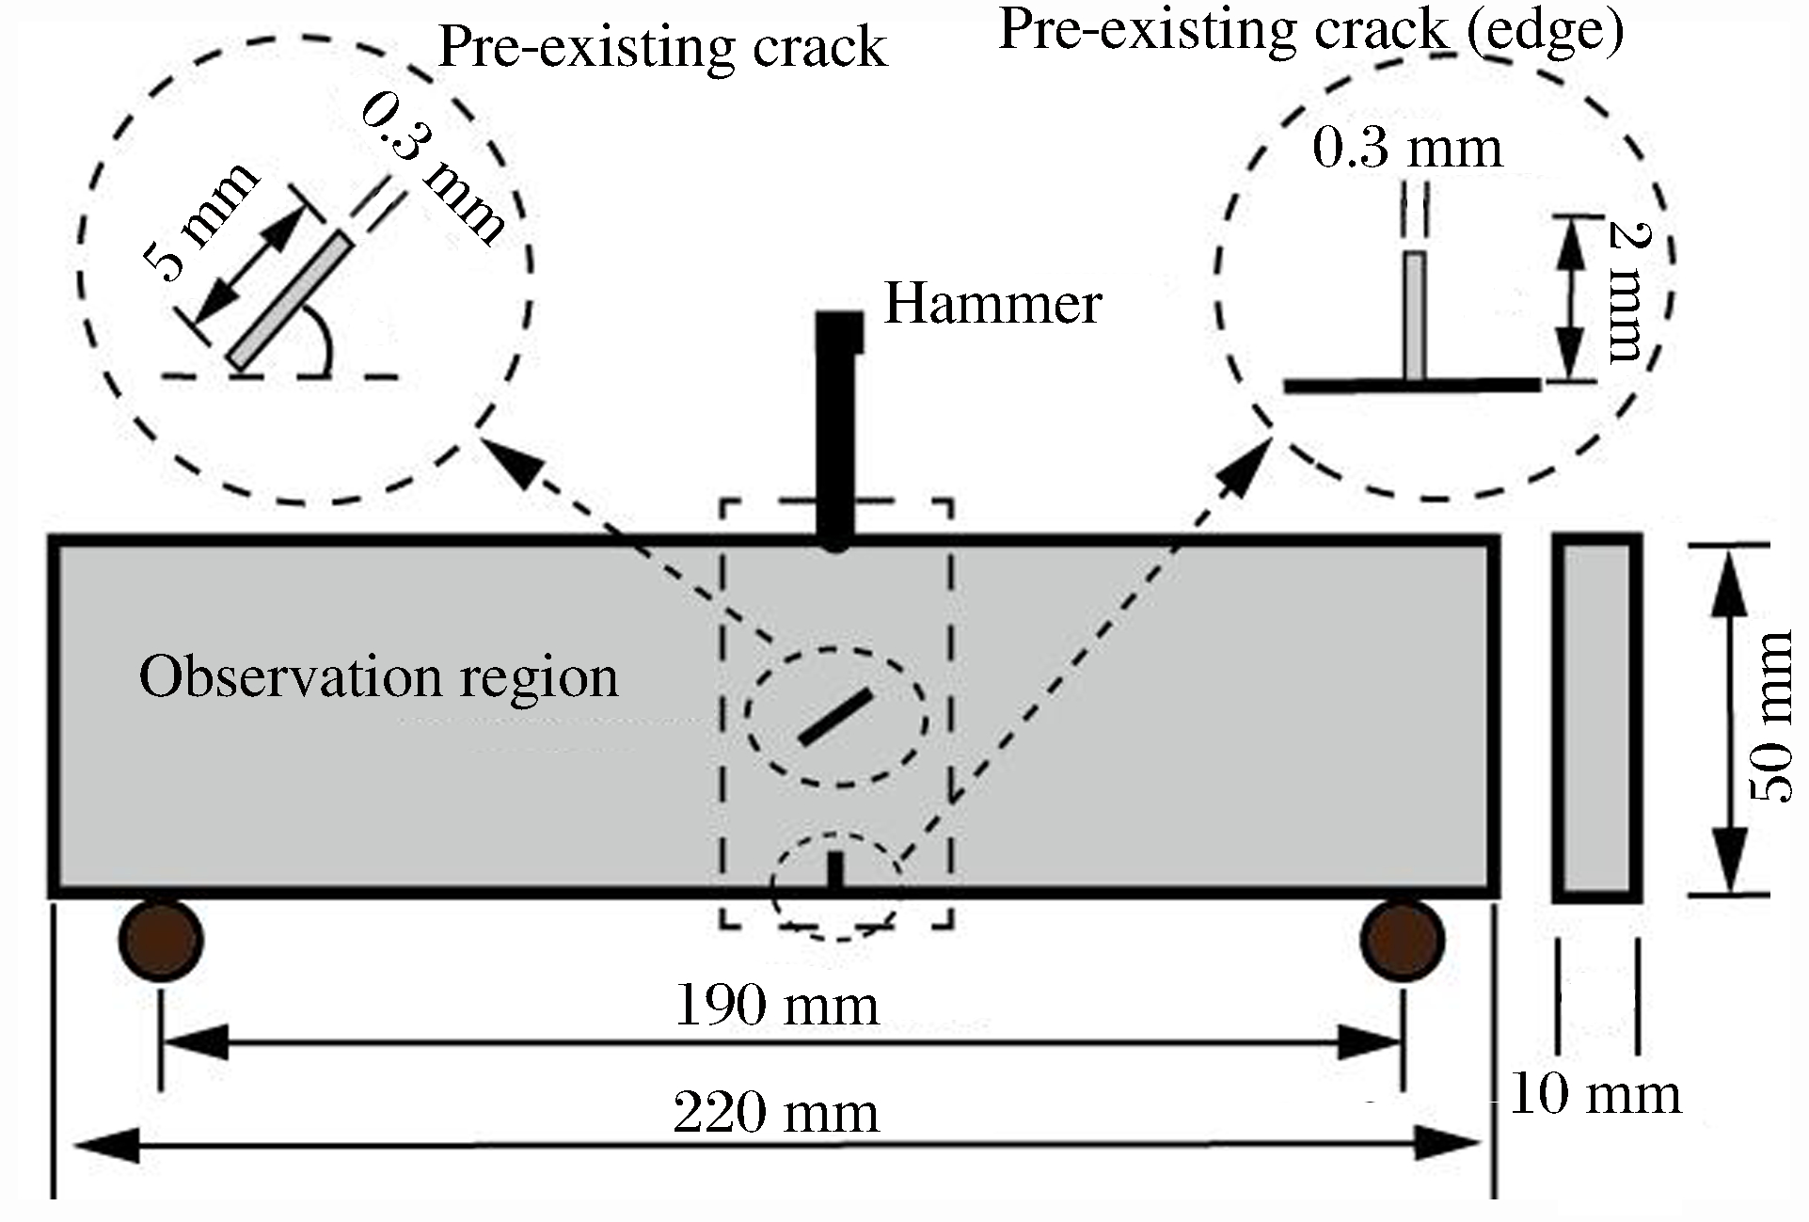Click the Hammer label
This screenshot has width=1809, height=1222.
(992, 304)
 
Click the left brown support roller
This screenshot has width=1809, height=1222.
(161, 940)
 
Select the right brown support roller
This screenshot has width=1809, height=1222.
(1403, 940)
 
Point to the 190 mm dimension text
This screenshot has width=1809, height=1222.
(777, 1006)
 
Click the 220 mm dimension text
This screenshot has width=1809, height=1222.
(777, 1114)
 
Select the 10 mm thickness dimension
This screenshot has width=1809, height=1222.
(1595, 1095)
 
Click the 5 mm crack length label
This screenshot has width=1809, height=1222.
(200, 222)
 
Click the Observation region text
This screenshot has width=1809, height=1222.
(379, 676)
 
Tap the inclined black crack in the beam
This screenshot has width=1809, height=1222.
(835, 717)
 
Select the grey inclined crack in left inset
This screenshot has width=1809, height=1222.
(289, 301)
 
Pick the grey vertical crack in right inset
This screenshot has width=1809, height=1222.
(1415, 316)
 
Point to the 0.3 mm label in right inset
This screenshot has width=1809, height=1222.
(1407, 149)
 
